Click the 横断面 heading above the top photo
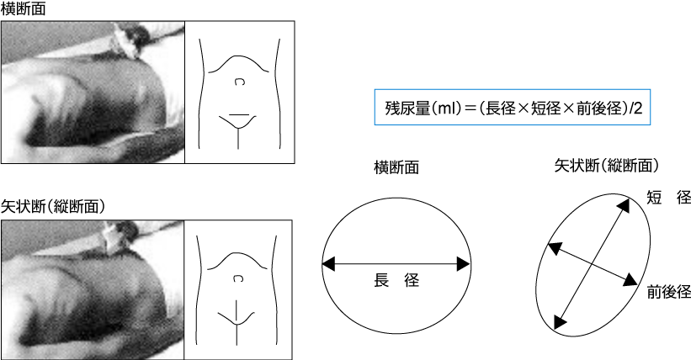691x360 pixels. click(23, 8)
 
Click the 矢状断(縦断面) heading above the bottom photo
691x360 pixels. click(53, 206)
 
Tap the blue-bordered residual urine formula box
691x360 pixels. click(512, 107)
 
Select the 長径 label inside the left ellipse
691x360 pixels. click(396, 280)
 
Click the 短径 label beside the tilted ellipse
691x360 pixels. click(668, 198)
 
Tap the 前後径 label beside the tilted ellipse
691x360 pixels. click(668, 292)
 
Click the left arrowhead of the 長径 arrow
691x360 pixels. click(329, 264)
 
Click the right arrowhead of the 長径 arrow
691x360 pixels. click(464, 264)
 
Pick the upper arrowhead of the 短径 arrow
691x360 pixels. click(623, 204)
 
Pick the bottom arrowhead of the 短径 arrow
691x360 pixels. click(560, 322)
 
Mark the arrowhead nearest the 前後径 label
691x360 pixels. click(630, 280)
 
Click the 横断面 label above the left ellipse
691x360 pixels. click(396, 167)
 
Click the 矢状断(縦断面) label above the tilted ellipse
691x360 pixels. click(606, 166)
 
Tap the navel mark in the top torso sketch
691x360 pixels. click(238, 82)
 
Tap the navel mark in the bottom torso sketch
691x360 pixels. click(237, 278)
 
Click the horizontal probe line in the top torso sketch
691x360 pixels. click(239, 115)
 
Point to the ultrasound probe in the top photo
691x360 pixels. click(127, 40)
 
